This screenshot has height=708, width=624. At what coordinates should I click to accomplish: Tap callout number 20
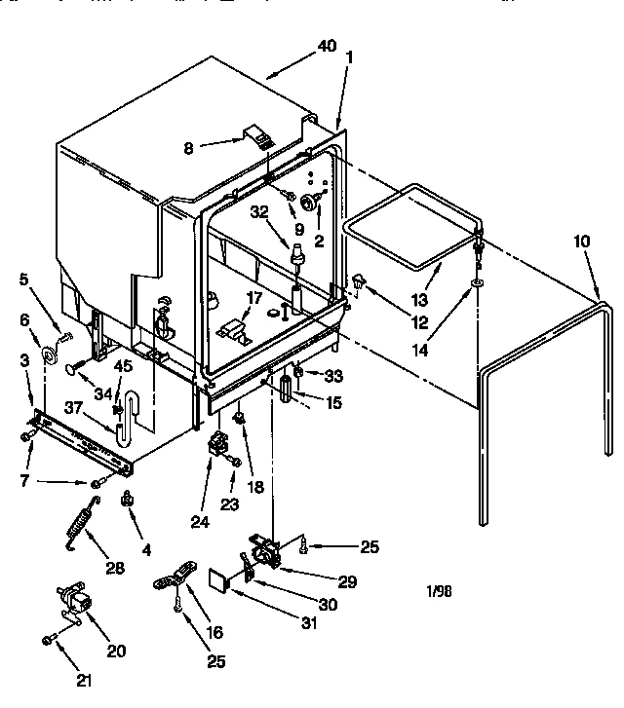pos(117,652)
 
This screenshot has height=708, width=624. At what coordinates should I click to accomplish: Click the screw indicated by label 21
pos(48,640)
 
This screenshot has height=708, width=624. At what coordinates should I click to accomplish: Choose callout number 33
pos(333,375)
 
